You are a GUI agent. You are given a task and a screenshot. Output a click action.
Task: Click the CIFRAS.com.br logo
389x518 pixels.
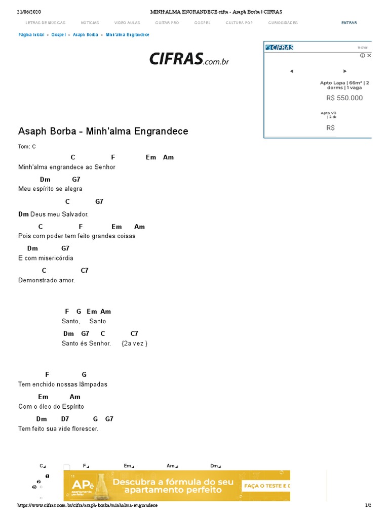tap(189, 59)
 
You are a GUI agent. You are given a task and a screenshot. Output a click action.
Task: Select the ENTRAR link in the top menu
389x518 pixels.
tap(349, 23)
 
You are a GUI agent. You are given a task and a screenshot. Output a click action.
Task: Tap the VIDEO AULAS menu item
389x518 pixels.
tap(127, 23)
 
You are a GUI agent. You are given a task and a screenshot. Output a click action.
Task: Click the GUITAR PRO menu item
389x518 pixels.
tap(167, 23)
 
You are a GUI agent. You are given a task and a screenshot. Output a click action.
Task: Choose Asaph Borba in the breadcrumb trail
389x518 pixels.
tap(85, 35)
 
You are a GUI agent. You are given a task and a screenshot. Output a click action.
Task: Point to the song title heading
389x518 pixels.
tap(103, 132)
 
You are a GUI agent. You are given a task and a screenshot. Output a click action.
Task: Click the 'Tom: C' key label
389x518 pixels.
tap(27, 147)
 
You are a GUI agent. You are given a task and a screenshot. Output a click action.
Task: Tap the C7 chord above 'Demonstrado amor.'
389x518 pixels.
tap(85, 271)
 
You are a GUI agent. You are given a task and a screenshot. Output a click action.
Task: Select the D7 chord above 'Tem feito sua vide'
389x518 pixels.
tap(65, 419)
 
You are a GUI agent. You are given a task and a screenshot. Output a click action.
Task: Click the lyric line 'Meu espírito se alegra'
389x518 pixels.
tap(50, 189)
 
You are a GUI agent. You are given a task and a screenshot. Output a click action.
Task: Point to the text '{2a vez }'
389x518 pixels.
tap(135, 343)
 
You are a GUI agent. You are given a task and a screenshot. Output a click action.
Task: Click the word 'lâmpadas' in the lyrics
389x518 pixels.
tap(96, 384)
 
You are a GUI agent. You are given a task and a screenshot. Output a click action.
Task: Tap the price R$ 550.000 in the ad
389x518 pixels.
tap(344, 98)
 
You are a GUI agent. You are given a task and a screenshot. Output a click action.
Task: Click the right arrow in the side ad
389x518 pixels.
tap(345, 71)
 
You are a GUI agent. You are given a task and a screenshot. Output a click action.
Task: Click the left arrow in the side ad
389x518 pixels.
tap(291, 71)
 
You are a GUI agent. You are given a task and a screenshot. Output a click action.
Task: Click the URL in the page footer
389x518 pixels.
tap(88, 505)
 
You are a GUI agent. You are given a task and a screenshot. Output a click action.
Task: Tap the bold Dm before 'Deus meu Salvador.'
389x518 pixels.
tap(23, 214)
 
